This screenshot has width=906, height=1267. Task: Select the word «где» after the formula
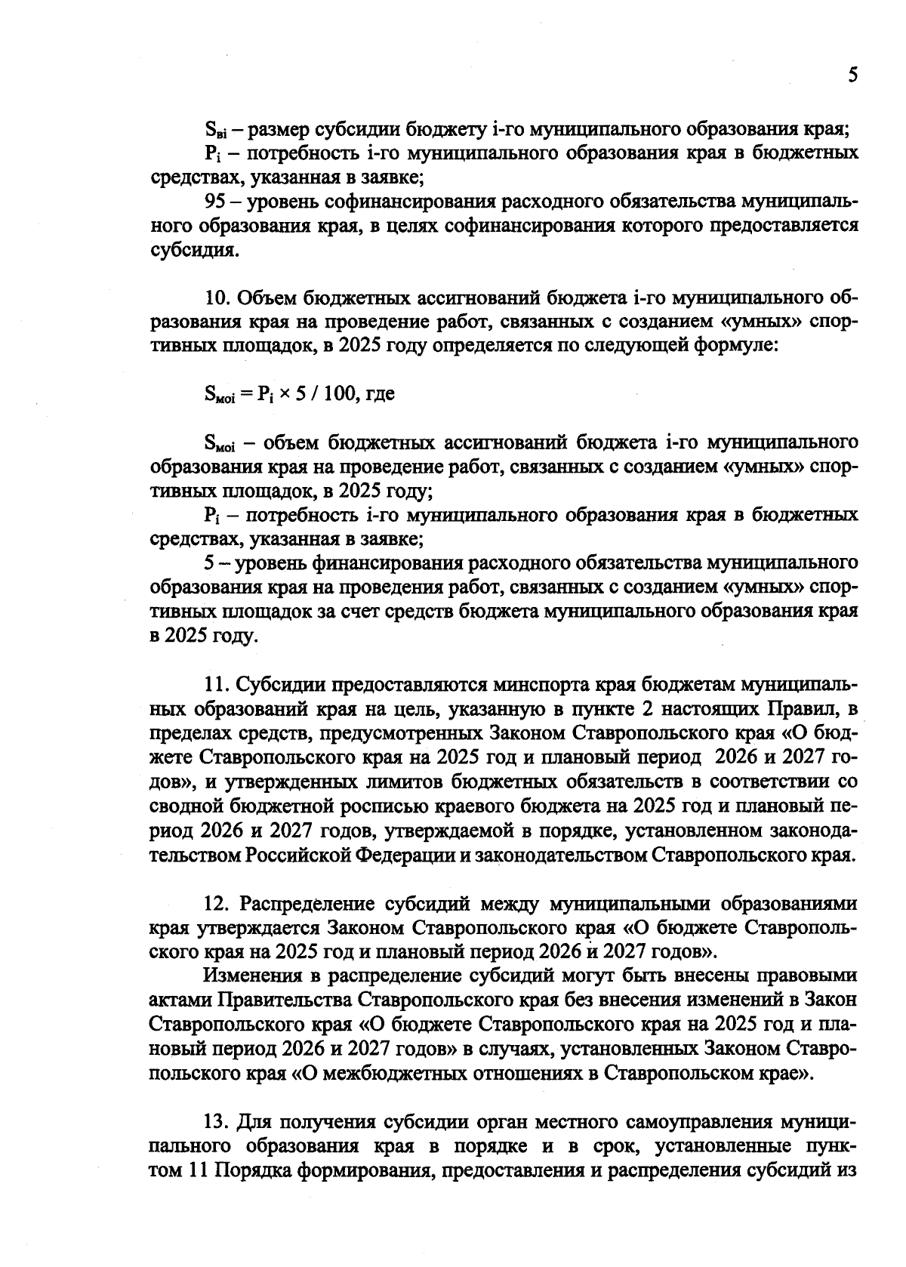(x=380, y=394)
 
